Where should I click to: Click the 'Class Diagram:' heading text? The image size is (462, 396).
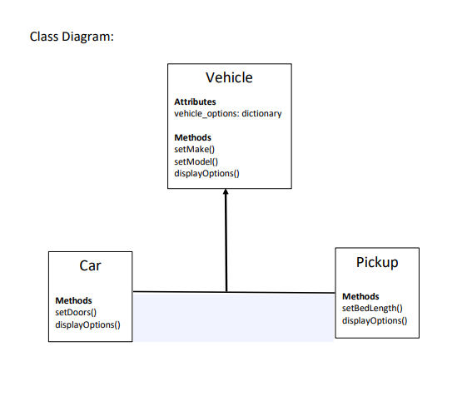click(x=71, y=37)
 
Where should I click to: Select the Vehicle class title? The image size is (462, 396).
click(x=229, y=77)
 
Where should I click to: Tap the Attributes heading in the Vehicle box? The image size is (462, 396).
click(x=195, y=101)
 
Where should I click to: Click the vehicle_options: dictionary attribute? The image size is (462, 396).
click(x=227, y=113)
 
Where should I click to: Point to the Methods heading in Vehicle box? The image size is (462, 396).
click(x=192, y=137)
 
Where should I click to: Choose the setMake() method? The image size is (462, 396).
click(x=194, y=149)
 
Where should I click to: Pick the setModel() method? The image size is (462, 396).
click(x=196, y=161)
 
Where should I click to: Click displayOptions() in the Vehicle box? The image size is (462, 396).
click(x=206, y=173)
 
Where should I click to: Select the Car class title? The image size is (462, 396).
click(x=90, y=266)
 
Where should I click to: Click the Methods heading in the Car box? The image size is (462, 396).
click(x=73, y=300)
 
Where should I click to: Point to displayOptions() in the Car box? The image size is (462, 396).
click(x=87, y=324)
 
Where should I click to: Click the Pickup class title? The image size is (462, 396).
click(x=377, y=262)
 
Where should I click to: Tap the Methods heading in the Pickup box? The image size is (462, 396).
click(x=360, y=296)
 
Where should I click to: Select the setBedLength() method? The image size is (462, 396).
click(x=372, y=308)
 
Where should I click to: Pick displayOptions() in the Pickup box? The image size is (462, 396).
click(x=375, y=320)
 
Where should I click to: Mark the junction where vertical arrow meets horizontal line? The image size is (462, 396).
click(x=226, y=292)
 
